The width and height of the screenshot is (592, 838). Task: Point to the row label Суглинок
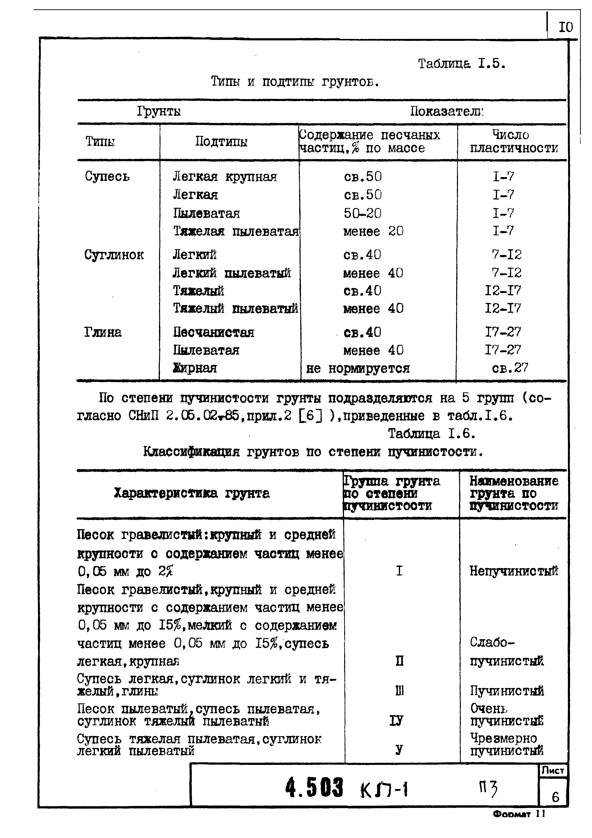(x=114, y=254)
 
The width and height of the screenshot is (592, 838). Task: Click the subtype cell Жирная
(x=195, y=368)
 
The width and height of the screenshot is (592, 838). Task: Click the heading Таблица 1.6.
(x=432, y=434)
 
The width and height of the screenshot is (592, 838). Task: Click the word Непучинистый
(x=513, y=570)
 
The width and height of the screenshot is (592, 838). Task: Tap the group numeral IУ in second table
(x=397, y=721)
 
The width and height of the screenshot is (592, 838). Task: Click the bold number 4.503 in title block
(x=314, y=788)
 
